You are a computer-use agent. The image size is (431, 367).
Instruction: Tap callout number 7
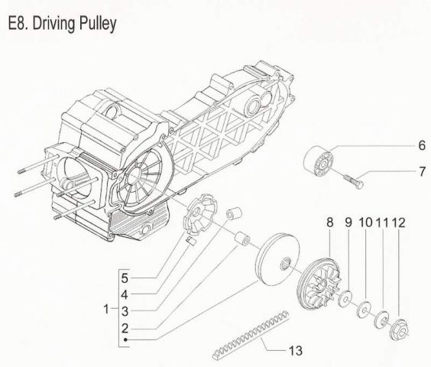[400, 172]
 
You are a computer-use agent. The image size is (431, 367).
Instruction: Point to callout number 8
[330, 223]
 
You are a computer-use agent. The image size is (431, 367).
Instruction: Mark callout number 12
[399, 223]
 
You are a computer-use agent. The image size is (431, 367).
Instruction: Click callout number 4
[125, 294]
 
